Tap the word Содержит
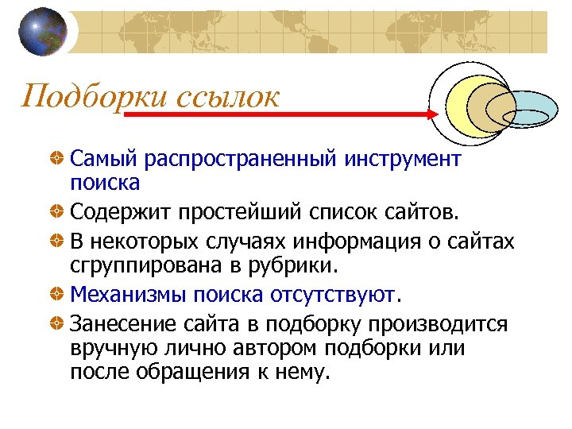(x=119, y=213)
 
